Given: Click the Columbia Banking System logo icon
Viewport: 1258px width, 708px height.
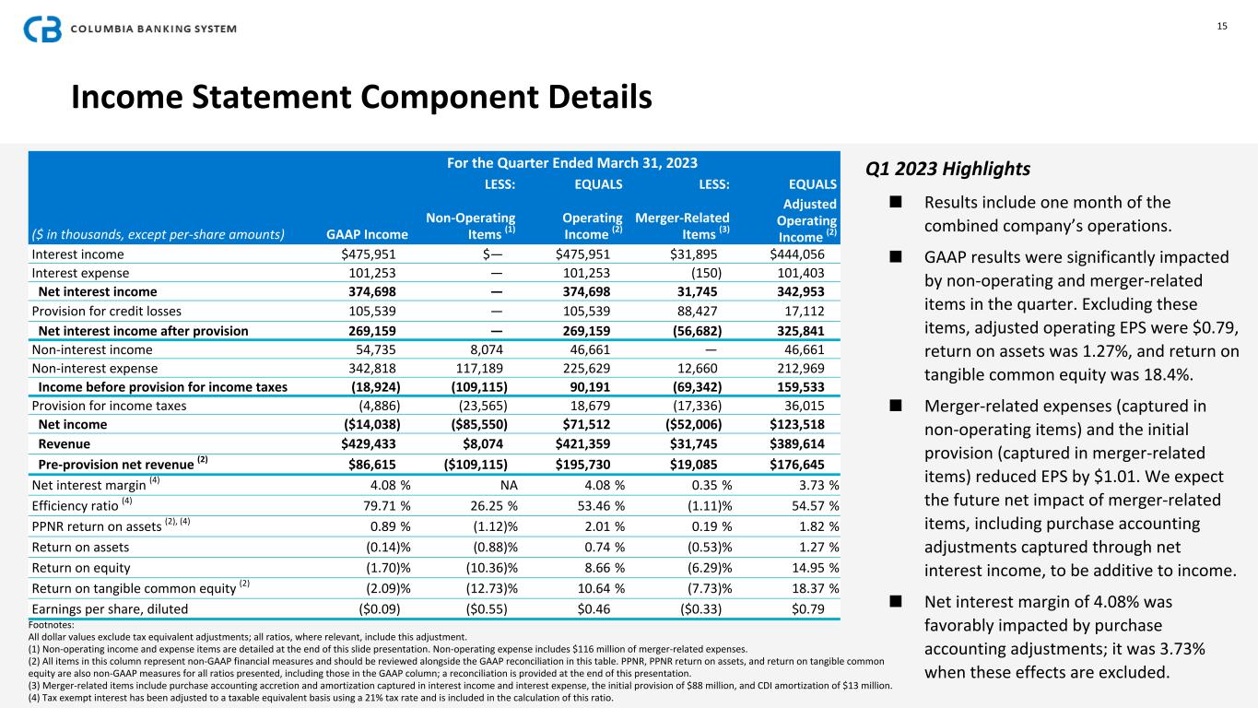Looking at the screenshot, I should [42, 29].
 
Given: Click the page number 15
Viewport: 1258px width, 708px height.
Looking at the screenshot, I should [1222, 26].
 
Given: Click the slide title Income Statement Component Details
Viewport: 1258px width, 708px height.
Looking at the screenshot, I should [361, 98].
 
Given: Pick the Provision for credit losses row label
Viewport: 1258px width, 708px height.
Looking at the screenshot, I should [107, 311].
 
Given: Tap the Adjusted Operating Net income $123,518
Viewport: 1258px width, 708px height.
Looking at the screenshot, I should [804, 424].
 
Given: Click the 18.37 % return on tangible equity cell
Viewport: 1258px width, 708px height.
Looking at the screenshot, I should [808, 588].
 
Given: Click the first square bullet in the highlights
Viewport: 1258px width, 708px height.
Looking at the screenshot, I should [895, 202].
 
